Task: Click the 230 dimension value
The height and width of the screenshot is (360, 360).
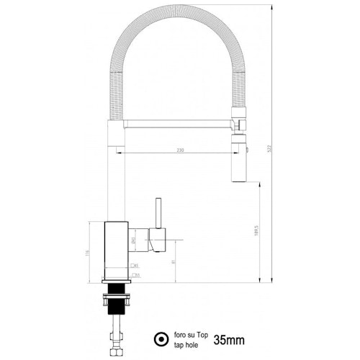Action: point(180,150)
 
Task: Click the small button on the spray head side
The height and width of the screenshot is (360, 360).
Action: point(247,148)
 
